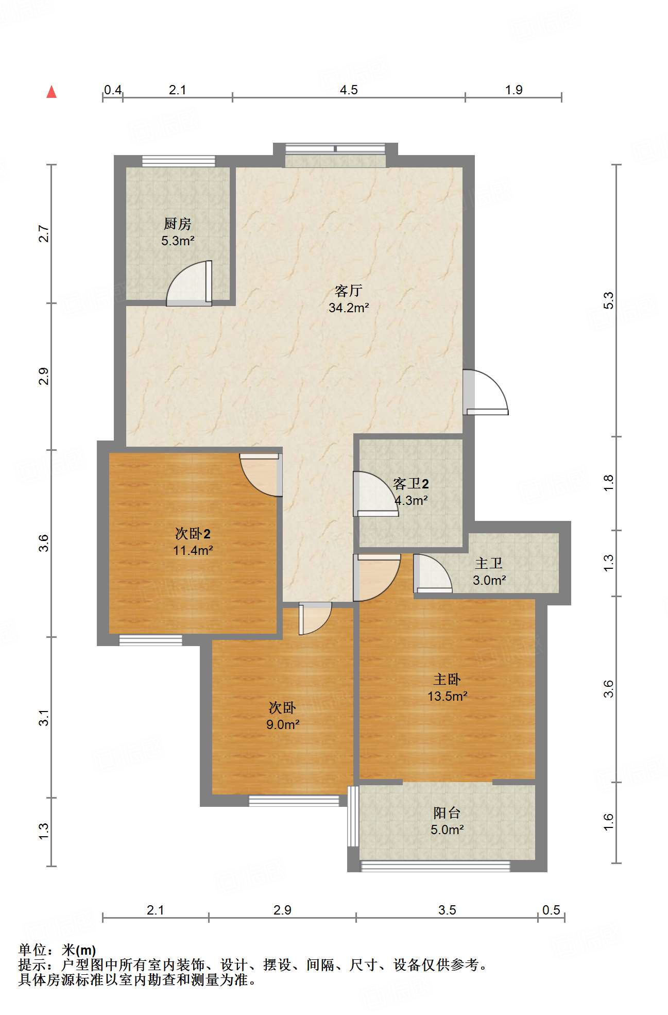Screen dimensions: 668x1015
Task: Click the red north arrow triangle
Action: [52, 92]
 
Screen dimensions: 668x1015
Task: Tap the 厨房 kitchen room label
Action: [178, 224]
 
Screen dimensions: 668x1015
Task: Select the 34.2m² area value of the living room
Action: [349, 308]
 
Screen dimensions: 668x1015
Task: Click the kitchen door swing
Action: [189, 283]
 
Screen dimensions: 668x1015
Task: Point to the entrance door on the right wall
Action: [485, 392]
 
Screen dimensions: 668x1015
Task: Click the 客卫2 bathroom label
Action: [411, 483]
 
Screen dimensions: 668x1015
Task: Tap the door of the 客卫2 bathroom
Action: [375, 494]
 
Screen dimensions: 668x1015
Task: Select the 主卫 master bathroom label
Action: [488, 563]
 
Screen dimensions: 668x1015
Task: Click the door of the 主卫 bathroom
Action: [433, 573]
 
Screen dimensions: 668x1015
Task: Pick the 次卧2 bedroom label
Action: [193, 533]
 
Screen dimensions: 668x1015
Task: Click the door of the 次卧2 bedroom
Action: [261, 475]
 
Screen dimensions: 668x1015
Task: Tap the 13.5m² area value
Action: [448, 696]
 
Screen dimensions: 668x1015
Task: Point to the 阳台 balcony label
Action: [447, 813]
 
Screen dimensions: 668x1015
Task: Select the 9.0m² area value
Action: [283, 724]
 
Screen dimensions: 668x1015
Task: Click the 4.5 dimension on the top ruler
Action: [349, 90]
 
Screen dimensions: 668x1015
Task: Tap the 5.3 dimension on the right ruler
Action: [609, 300]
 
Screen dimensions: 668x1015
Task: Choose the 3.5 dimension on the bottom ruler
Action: [447, 910]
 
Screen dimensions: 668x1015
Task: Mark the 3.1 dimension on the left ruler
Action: [44, 717]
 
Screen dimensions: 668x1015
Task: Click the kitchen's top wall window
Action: [179, 161]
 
